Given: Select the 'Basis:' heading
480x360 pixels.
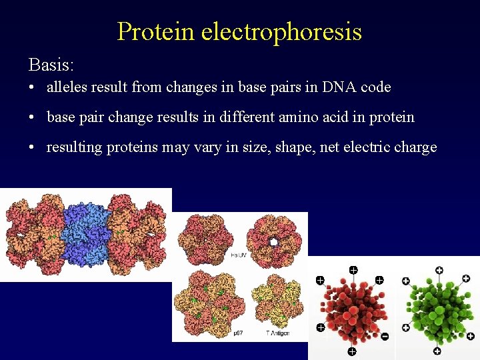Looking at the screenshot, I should point(51,65).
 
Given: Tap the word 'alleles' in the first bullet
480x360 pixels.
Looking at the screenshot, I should point(65,87).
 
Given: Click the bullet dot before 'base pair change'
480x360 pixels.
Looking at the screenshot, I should point(32,118).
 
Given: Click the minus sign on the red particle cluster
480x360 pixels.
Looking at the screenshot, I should point(385,337).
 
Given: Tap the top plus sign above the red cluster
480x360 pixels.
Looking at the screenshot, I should point(353,270).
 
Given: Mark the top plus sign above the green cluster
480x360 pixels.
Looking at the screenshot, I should point(439,270).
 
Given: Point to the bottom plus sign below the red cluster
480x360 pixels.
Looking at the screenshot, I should point(351,351).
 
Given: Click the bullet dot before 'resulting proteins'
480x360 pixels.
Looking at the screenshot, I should point(32,148).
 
